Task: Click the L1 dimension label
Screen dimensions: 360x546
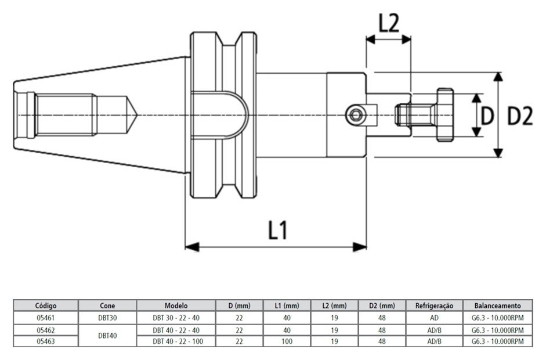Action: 278,231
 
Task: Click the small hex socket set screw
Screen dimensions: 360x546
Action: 356,115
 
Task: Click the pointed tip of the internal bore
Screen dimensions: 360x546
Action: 135,114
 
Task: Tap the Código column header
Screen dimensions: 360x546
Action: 46,305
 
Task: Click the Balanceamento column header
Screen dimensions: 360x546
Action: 502,305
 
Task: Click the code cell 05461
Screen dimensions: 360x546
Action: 46,318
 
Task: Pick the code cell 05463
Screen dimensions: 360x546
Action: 46,341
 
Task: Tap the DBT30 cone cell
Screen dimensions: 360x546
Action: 107,318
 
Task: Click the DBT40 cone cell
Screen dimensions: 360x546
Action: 107,335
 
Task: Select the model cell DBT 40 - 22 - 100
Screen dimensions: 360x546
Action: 176,341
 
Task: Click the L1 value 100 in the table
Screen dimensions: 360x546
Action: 287,341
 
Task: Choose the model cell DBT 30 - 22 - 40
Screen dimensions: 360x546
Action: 176,318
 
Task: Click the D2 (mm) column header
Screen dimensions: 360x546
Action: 381,305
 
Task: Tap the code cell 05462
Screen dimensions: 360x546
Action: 46,330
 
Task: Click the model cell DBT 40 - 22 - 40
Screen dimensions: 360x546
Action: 176,330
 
